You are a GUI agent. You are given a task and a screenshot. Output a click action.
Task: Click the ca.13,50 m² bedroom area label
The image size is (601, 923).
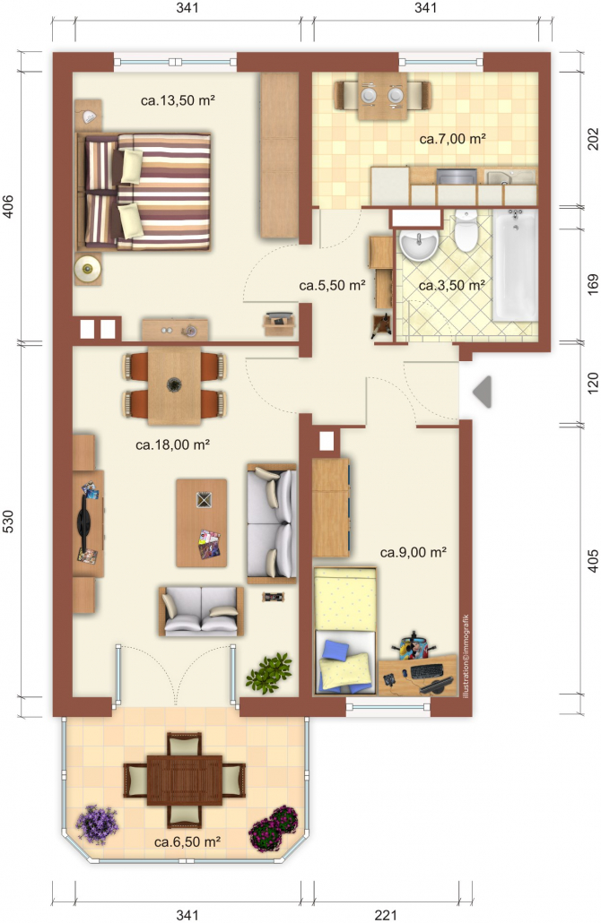(x=178, y=100)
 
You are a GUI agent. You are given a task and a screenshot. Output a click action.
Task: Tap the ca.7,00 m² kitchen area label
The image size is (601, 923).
(x=452, y=139)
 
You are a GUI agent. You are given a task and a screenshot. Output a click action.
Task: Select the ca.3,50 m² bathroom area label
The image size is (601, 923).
(x=452, y=286)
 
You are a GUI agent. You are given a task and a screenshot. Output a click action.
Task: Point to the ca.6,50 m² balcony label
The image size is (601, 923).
(x=187, y=841)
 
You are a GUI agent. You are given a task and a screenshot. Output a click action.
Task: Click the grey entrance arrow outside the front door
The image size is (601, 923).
(x=483, y=392)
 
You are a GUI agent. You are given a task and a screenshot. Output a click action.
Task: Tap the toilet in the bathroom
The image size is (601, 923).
(x=466, y=231)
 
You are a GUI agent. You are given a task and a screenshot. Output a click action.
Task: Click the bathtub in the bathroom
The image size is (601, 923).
(x=515, y=265)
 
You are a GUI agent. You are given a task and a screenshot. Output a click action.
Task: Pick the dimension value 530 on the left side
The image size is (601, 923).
(x=8, y=522)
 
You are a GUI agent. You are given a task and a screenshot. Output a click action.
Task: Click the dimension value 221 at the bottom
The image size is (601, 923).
(x=386, y=915)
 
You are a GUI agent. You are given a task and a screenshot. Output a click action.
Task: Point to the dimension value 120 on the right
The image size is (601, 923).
(x=593, y=383)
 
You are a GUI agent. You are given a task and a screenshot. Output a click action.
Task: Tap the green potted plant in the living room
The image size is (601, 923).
(x=269, y=672)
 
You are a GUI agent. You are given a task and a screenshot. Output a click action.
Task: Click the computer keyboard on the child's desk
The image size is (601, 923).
(x=427, y=671)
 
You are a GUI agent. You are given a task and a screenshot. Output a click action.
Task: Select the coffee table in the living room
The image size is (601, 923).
(x=202, y=522)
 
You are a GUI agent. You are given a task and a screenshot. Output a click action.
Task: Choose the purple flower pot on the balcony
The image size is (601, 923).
(x=97, y=824)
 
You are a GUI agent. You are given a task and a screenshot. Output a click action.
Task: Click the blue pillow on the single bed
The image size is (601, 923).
(x=335, y=650)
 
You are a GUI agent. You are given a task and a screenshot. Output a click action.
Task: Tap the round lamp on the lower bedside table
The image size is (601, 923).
(x=88, y=269)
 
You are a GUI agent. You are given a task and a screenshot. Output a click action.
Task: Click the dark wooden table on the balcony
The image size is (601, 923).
(x=185, y=780)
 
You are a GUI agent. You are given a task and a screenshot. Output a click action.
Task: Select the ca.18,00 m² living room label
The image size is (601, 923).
(x=172, y=445)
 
